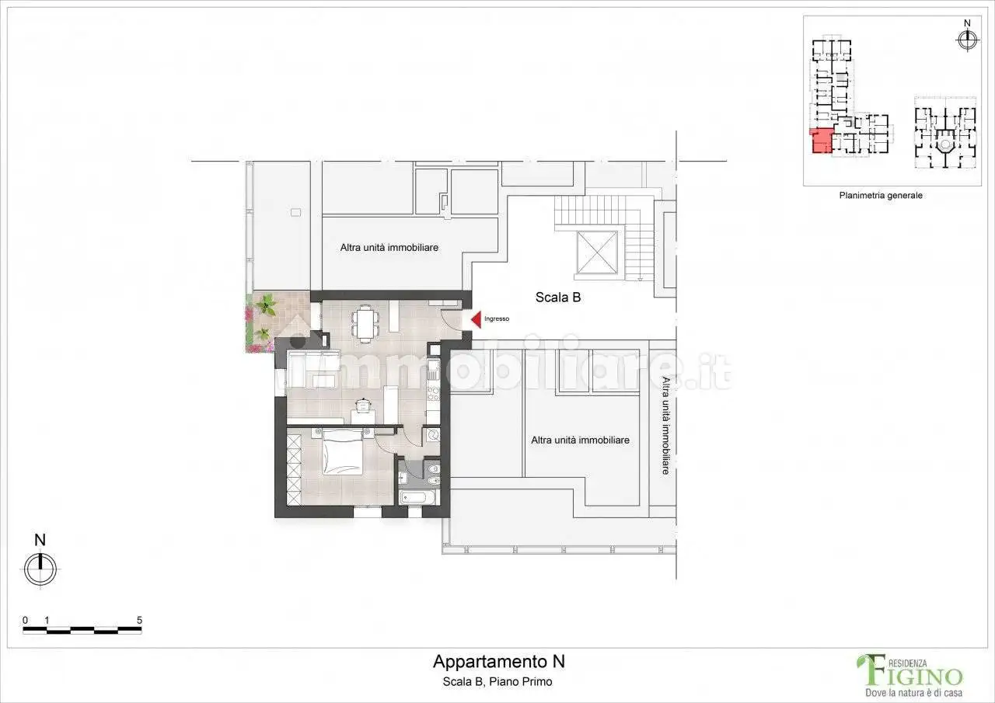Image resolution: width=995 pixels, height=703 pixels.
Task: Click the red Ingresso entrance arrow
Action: click(x=477, y=318)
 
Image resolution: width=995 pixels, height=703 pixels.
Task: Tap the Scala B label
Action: click(x=558, y=297)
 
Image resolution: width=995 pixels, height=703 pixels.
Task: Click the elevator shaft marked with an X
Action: click(x=596, y=252)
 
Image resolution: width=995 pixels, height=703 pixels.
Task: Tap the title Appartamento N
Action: click(x=498, y=662)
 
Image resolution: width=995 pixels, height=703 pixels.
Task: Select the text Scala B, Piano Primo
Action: click(x=498, y=682)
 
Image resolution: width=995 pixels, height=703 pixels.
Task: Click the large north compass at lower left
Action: click(x=40, y=569)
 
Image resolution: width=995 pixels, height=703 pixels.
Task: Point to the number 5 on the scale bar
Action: click(x=139, y=620)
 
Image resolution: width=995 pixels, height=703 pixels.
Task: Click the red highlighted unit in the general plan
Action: click(x=820, y=141)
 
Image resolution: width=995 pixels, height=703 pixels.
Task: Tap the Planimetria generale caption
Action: click(x=880, y=196)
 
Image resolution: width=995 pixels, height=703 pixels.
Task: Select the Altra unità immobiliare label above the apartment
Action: click(x=389, y=248)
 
